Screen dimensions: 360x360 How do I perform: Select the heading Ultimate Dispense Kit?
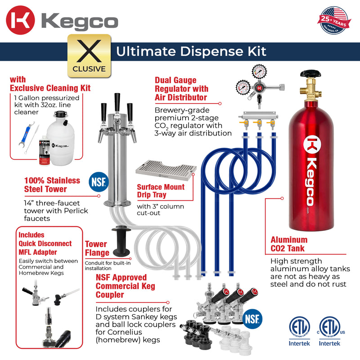click(191, 51)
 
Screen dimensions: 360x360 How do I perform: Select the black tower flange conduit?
click(121, 240)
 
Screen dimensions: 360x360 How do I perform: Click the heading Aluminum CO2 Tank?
click(289, 244)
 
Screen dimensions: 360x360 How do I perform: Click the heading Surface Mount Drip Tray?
click(160, 191)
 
